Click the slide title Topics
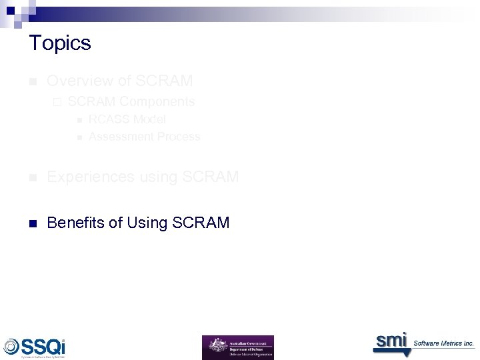coord(60,43)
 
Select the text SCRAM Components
coord(131,102)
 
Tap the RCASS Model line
coord(127,119)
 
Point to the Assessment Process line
coord(144,137)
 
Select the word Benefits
coord(75,223)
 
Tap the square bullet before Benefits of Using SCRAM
coord(32,223)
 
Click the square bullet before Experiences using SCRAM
coord(32,178)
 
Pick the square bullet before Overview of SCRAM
coord(32,82)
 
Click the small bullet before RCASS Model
coord(78,120)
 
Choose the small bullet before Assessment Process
coord(78,137)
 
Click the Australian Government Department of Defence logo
coord(237,347)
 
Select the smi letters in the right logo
coord(390,341)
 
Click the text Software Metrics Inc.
coord(443,343)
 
